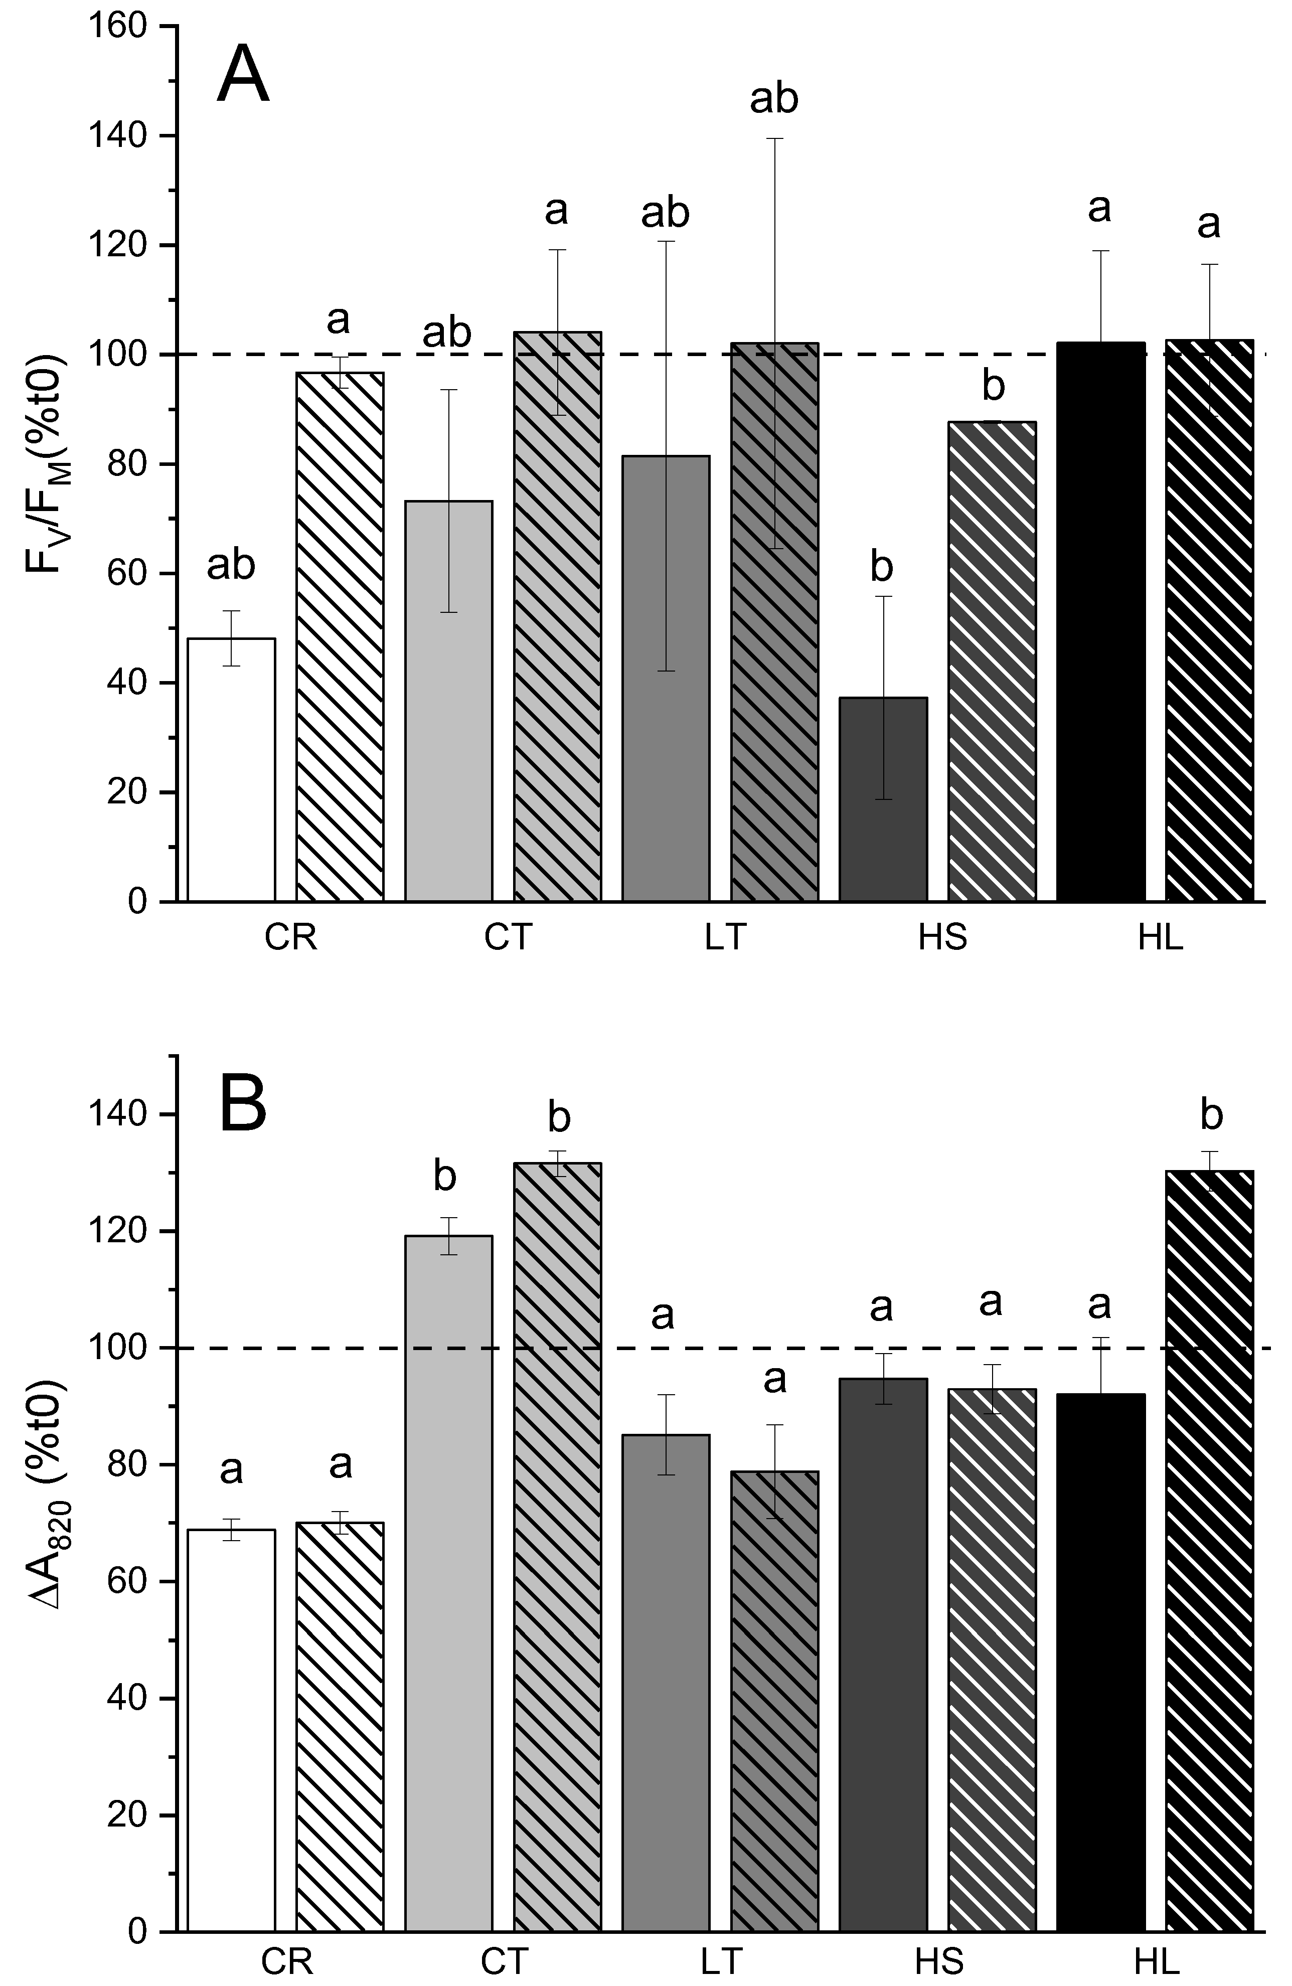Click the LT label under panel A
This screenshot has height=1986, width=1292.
724,938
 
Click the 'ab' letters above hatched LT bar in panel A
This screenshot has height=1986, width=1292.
774,98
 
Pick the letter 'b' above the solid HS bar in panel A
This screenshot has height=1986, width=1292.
881,567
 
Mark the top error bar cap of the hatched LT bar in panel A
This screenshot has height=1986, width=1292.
774,138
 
